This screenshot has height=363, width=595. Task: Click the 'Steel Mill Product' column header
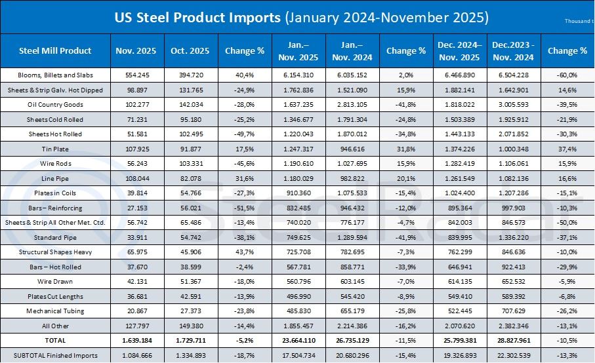(55, 50)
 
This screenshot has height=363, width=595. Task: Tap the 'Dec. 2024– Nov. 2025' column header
(459, 50)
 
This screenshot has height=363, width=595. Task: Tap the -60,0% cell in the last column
(567, 75)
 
